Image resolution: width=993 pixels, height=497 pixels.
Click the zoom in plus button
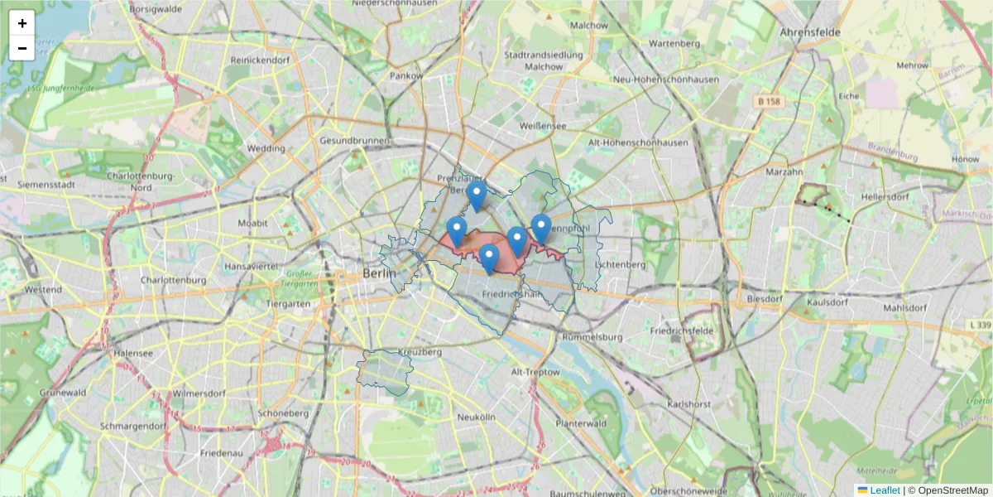(x=22, y=23)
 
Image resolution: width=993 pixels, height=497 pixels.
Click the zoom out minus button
(x=22, y=48)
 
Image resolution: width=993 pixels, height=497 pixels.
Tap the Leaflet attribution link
(x=885, y=490)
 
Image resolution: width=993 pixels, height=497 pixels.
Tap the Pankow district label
(x=406, y=76)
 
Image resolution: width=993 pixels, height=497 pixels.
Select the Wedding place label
(x=266, y=149)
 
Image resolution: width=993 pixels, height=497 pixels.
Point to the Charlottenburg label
(x=173, y=280)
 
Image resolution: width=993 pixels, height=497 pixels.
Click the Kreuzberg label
(x=420, y=352)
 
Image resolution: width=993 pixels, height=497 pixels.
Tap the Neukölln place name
(x=475, y=417)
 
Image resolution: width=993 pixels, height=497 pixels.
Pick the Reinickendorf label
(x=260, y=60)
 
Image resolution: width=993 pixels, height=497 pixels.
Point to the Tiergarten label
(x=287, y=303)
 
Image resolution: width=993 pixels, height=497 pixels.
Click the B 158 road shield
(x=769, y=101)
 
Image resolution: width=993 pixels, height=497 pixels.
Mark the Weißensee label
(x=543, y=126)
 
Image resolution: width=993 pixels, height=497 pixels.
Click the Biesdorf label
(x=764, y=298)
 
